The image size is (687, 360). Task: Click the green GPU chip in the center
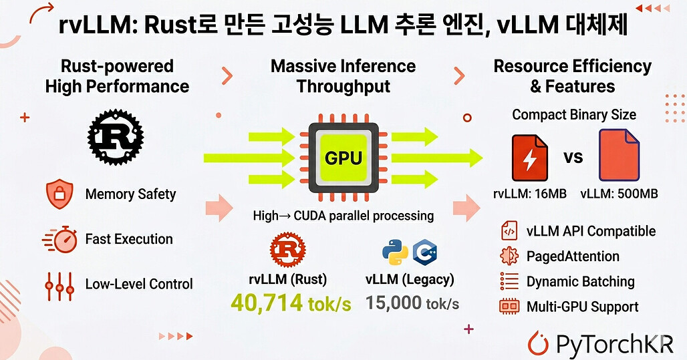point(343,158)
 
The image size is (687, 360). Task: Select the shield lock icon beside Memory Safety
point(59,194)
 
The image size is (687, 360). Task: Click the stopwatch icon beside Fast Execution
point(59,239)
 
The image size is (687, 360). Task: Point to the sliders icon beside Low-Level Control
point(59,284)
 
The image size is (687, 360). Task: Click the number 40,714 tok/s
point(291,303)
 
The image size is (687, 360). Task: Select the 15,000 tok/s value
point(412,303)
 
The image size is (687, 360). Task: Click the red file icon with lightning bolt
point(529,158)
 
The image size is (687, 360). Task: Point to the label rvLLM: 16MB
point(529,194)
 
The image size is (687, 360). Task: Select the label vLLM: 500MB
point(619,194)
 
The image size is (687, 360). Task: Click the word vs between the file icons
point(573,158)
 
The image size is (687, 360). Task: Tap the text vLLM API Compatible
point(591,231)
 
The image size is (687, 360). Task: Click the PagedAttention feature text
point(573,256)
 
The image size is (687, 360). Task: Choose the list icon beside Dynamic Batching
point(509,281)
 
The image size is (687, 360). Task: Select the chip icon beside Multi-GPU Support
point(509,307)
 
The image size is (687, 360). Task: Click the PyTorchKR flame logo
point(539,343)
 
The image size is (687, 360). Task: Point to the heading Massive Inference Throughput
point(343,76)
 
